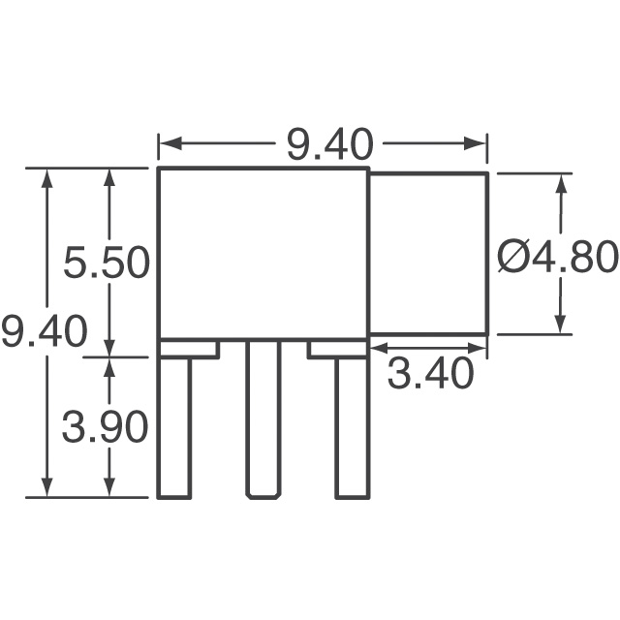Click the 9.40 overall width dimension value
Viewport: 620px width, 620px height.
click(x=329, y=144)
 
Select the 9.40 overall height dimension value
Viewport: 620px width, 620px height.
click(x=45, y=330)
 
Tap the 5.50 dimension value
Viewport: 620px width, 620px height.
click(x=107, y=262)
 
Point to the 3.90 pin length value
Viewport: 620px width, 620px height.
click(x=106, y=426)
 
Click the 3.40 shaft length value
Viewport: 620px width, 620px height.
click(x=430, y=373)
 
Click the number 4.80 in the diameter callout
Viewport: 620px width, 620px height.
click(x=573, y=257)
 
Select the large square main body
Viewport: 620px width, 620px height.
click(x=263, y=254)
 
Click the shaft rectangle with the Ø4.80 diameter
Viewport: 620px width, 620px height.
click(x=428, y=254)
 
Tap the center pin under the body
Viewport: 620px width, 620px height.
click(x=263, y=418)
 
